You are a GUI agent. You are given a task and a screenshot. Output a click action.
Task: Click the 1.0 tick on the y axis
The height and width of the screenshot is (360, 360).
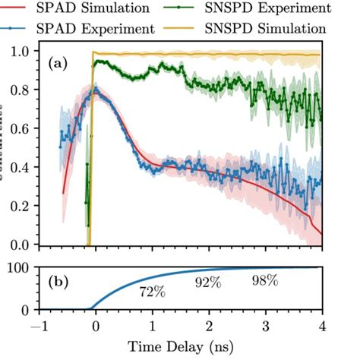[x=26, y=52]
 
